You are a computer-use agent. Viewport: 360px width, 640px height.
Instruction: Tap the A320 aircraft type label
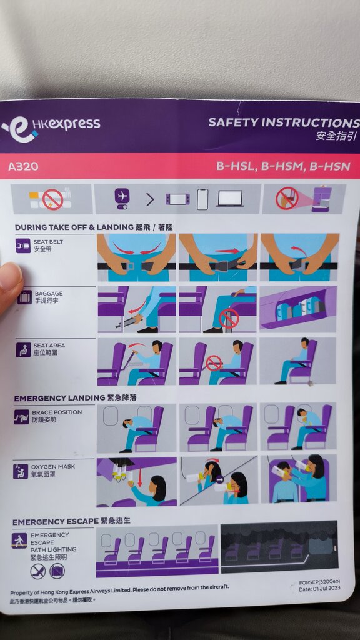point(23,166)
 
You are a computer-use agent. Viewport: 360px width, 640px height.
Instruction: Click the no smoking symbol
point(53,199)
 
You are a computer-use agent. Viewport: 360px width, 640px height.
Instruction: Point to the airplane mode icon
point(122,198)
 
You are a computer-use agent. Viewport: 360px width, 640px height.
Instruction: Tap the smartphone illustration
point(202,199)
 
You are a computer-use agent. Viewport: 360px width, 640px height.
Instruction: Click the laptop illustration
point(230,199)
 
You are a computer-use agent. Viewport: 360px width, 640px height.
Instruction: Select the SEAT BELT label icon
point(23,246)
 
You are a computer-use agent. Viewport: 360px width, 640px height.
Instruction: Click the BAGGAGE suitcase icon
point(24,297)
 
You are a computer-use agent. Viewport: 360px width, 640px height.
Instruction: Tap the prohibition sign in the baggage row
point(229,318)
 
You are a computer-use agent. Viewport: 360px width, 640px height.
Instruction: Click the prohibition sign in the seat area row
point(214,363)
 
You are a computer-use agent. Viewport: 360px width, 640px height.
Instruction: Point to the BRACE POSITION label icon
point(22,417)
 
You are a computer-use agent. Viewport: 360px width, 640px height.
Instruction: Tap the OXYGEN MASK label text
point(53,466)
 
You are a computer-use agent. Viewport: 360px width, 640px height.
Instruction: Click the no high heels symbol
point(38,571)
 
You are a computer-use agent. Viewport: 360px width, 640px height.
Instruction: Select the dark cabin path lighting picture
point(279,546)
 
